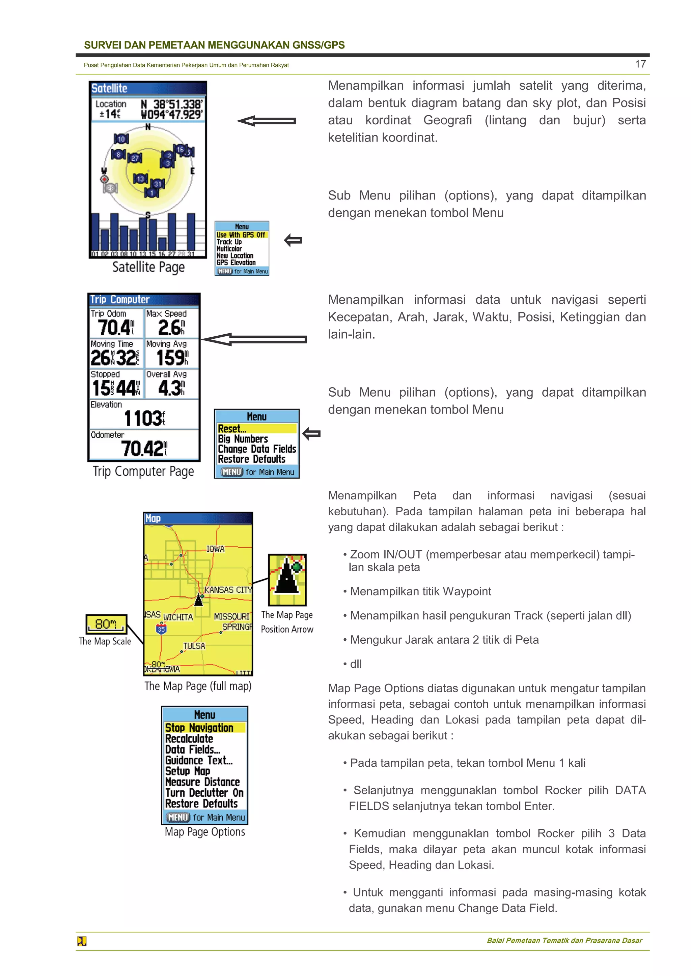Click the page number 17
tap(640, 64)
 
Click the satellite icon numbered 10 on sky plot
tap(121, 139)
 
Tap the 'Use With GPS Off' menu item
tap(241, 235)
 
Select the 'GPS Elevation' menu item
tap(236, 263)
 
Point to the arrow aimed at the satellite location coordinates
tap(266, 121)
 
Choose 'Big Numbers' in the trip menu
tap(243, 439)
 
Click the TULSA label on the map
tap(194, 646)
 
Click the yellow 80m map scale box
tap(106, 623)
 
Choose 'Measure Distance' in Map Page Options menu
tap(202, 782)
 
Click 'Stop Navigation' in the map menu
tap(199, 728)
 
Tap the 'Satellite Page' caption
tap(148, 267)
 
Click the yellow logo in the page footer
tap(82, 941)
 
